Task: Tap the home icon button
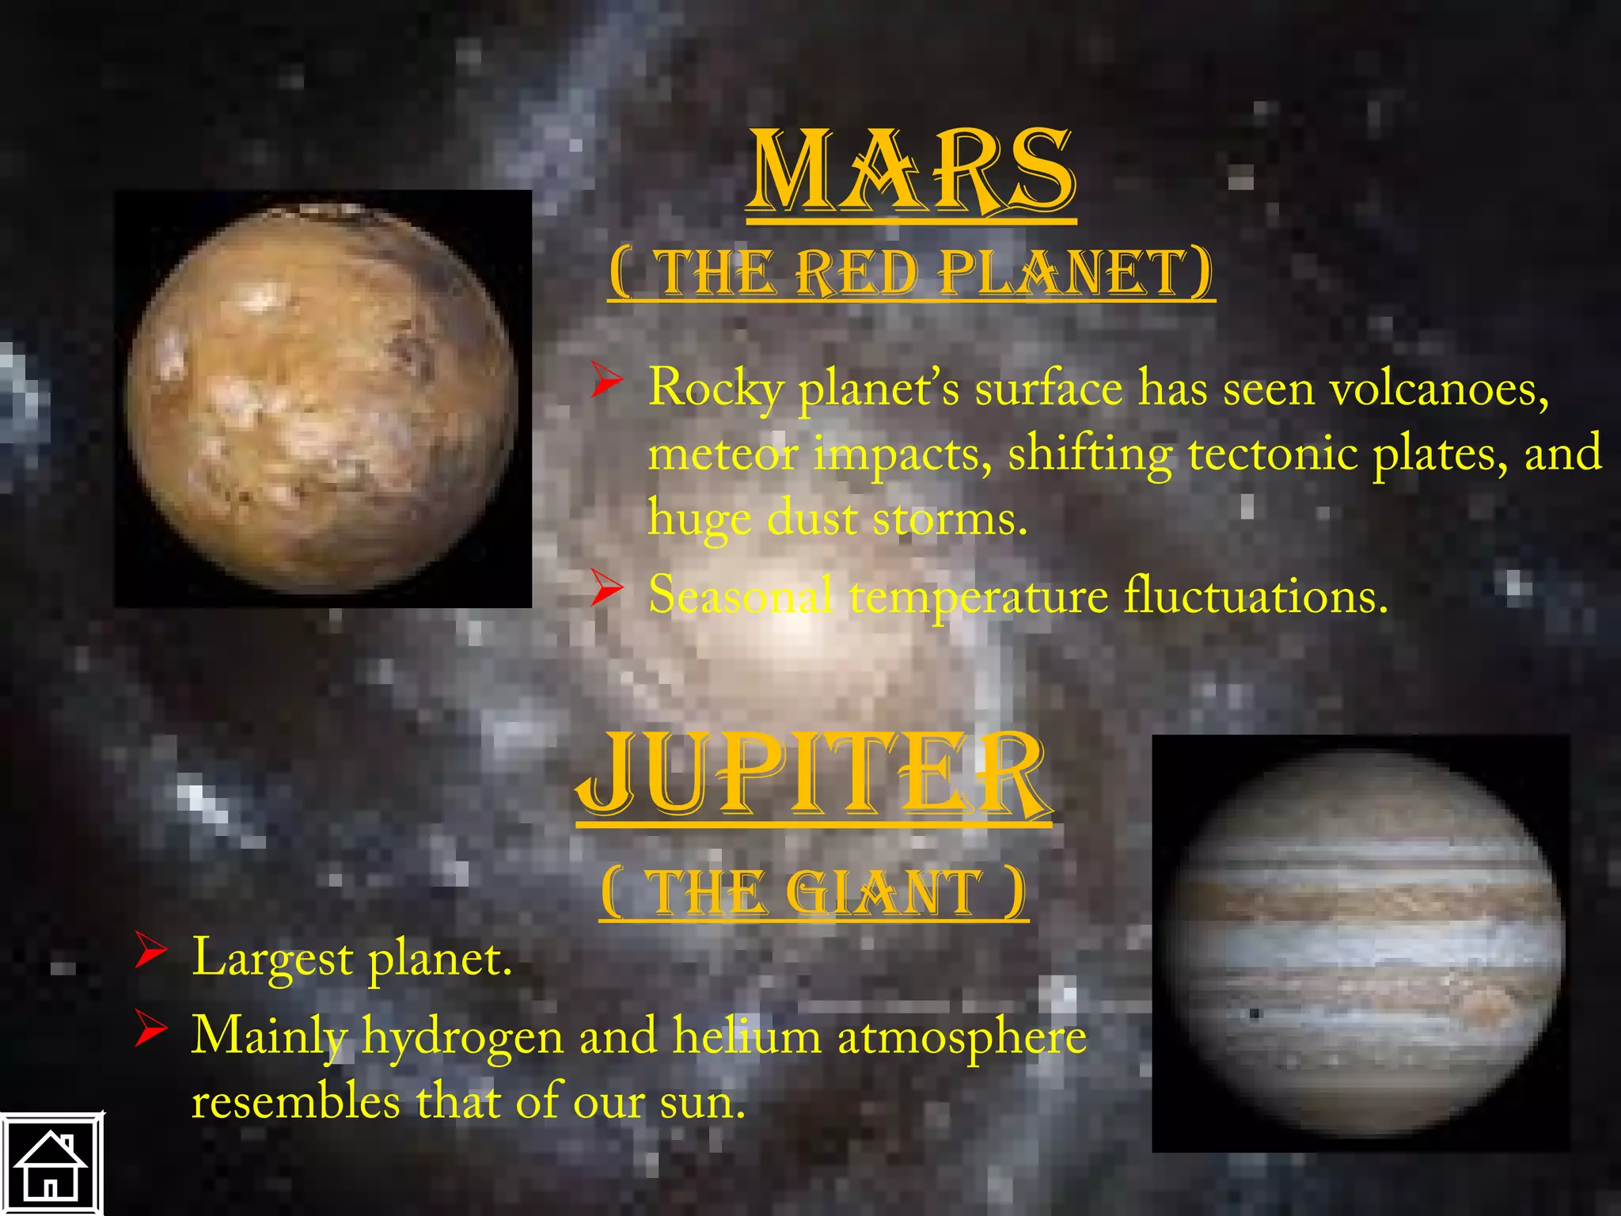coord(51,1165)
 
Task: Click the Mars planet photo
coord(323,399)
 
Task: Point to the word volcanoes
coord(1437,389)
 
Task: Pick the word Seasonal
coord(741,595)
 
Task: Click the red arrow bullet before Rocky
coord(607,382)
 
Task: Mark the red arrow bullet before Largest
coord(150,950)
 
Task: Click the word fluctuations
coord(1256,595)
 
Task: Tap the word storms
coord(950,519)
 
